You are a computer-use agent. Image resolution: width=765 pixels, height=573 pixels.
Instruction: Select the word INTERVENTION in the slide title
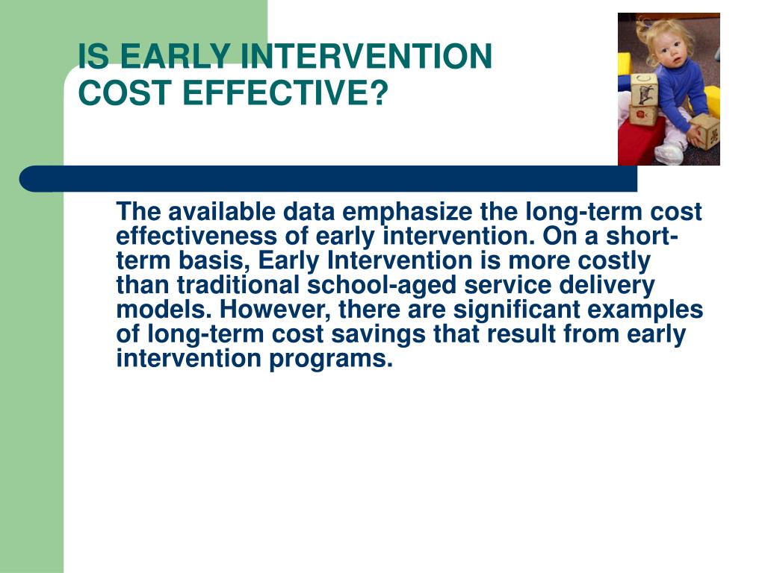click(x=366, y=55)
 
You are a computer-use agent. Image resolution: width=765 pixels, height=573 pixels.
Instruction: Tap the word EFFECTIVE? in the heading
click(x=285, y=92)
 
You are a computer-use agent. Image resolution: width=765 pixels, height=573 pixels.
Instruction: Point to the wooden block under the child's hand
click(x=706, y=133)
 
